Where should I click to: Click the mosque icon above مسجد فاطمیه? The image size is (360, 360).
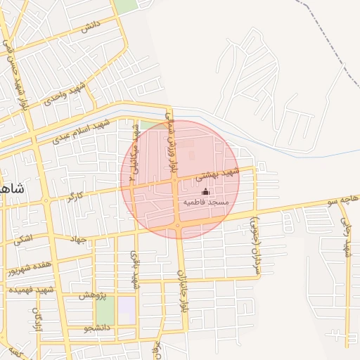(x=205, y=191)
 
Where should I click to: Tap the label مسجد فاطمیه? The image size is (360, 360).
(x=206, y=202)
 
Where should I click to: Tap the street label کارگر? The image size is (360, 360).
(x=75, y=195)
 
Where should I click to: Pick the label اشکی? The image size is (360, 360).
(x=23, y=239)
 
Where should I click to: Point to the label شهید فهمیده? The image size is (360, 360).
(x=31, y=290)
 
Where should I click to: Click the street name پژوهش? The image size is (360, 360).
(x=92, y=295)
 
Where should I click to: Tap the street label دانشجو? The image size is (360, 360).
(x=97, y=328)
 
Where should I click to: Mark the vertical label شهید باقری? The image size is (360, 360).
(x=134, y=271)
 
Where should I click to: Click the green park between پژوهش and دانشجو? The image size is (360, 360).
(x=105, y=310)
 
